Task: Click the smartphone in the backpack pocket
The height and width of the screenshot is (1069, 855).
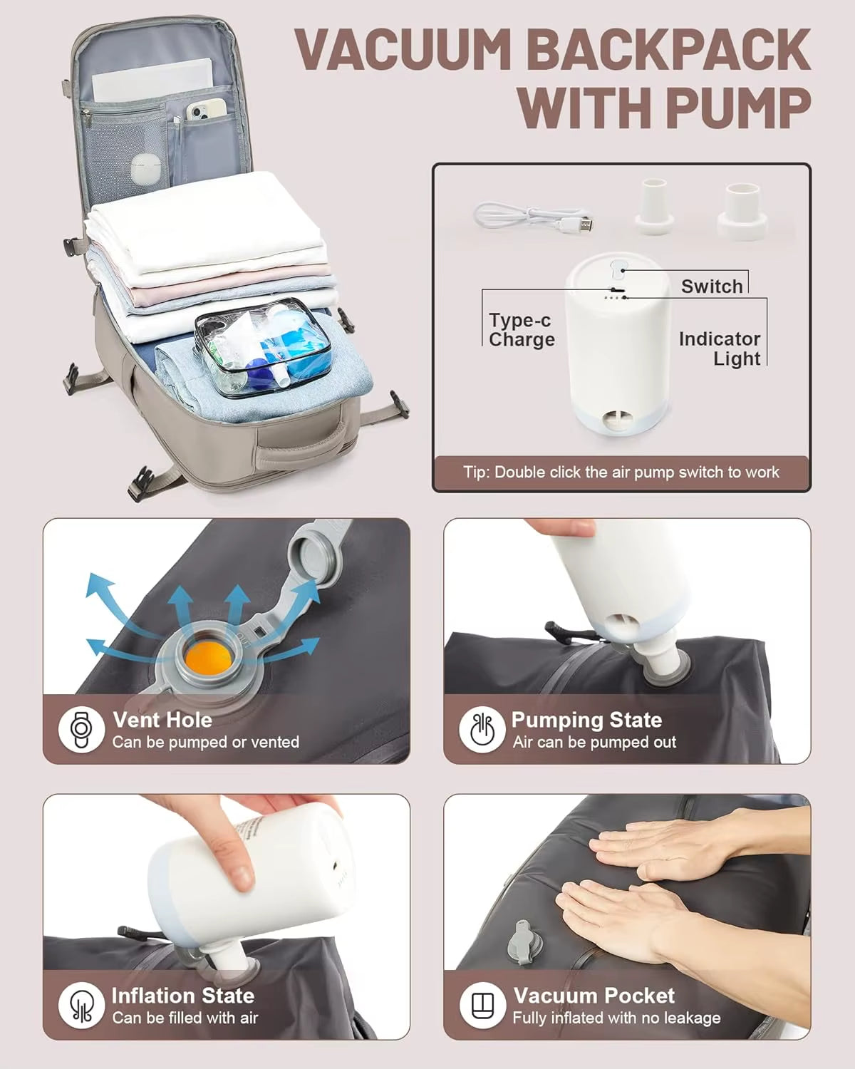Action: [206, 109]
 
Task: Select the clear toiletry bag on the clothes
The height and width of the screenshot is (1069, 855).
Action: [264, 348]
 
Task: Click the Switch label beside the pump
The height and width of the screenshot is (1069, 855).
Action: [711, 286]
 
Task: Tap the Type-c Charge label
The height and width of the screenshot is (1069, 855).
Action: [522, 329]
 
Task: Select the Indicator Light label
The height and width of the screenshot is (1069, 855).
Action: [720, 348]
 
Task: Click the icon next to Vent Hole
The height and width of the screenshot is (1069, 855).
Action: [81, 730]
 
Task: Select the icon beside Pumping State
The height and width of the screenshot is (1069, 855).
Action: [482, 730]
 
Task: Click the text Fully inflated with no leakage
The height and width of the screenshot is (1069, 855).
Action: [616, 1018]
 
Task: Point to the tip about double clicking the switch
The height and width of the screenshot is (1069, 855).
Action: [621, 472]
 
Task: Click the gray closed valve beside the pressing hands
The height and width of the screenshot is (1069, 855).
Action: [520, 942]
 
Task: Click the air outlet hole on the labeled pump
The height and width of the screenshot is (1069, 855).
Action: [616, 422]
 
